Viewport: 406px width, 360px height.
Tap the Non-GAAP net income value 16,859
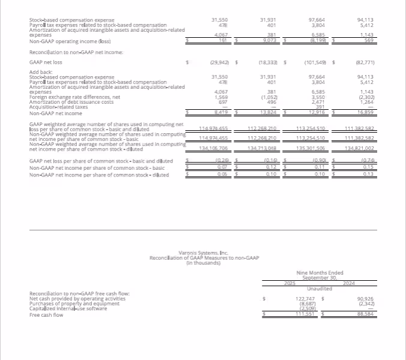365,112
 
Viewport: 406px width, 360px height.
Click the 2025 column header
290,282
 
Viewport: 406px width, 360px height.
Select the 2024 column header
349,282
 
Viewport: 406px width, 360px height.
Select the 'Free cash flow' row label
46,314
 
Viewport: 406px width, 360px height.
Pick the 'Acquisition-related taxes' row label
58,107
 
